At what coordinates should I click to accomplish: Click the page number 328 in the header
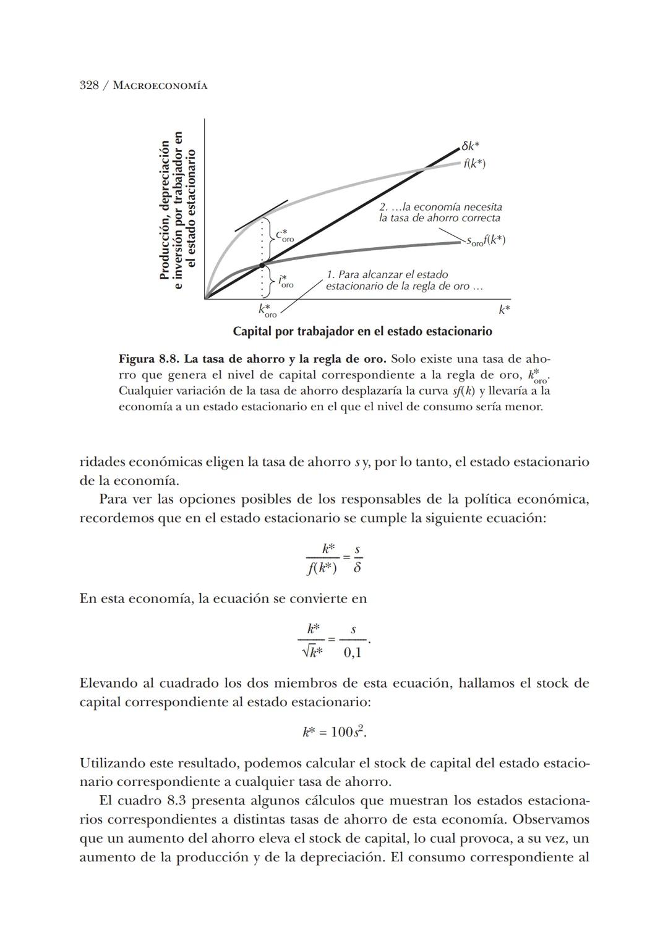[x=90, y=85]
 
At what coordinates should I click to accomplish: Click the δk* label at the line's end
[x=471, y=146]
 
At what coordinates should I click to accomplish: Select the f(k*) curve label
[x=474, y=164]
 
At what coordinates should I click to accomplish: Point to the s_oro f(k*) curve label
[x=486, y=240]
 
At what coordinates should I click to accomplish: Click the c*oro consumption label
[x=284, y=235]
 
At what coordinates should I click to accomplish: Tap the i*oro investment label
[x=285, y=282]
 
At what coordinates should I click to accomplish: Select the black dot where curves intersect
[x=262, y=264]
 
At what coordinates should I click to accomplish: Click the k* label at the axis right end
[x=504, y=309]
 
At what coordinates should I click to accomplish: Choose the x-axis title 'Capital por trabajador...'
[x=362, y=332]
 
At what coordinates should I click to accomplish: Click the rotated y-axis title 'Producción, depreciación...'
[x=177, y=210]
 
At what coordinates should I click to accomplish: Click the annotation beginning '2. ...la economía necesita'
[x=440, y=213]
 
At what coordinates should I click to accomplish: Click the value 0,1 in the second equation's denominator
[x=353, y=652]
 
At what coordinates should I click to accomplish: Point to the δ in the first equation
[x=357, y=567]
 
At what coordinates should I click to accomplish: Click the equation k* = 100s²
[x=334, y=732]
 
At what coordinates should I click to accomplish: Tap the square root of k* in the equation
[x=312, y=652]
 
